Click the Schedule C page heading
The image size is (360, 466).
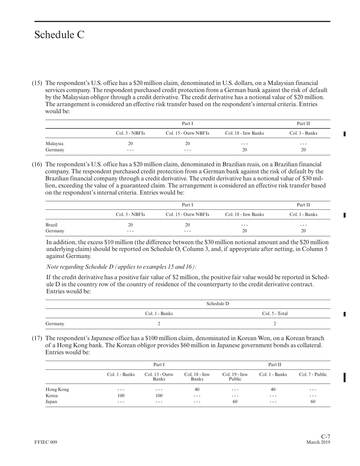[x=59, y=35]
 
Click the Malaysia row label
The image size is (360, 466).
[x=54, y=144]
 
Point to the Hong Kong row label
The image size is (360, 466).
[x=57, y=389]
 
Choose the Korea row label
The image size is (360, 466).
[x=52, y=396]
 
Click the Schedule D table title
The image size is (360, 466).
[x=218, y=303]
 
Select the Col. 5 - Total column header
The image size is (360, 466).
[x=275, y=313]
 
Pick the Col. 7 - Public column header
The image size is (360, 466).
[x=313, y=374]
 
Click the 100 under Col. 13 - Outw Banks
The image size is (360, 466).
[x=159, y=396]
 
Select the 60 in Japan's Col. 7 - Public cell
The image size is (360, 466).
[x=313, y=402]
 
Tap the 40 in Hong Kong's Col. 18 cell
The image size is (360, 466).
[x=197, y=389]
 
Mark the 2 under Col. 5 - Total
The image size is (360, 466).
[x=275, y=324]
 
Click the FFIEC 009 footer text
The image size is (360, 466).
[x=45, y=443]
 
